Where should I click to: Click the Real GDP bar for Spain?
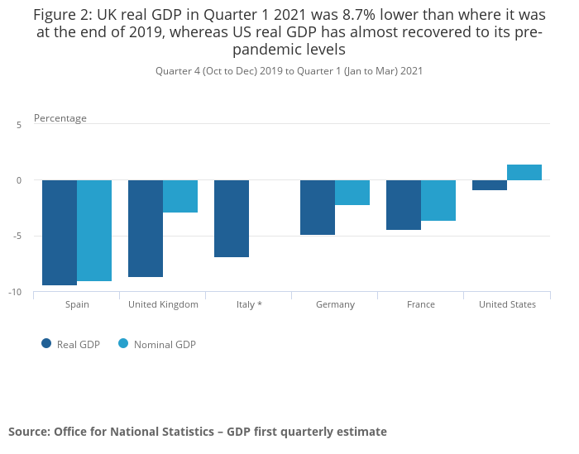point(60,232)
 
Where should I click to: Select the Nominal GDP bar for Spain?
point(94,231)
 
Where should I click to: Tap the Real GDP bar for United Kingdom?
point(146,228)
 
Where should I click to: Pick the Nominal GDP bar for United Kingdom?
point(180,196)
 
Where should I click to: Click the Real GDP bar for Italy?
point(232,218)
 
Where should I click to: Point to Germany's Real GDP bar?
point(318,208)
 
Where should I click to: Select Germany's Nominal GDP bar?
point(352,193)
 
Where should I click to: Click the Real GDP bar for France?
point(404,205)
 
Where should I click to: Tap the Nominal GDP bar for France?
point(438,200)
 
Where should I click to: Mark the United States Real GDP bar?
point(490,185)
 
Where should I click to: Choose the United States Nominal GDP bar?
point(524,172)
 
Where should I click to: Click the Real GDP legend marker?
point(46,344)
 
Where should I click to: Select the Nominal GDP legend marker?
point(123,344)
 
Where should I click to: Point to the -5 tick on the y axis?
point(17,237)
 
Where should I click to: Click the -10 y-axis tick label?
point(16,293)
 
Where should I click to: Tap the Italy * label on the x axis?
point(249,304)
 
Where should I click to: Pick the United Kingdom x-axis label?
point(163,304)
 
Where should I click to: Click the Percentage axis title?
point(60,118)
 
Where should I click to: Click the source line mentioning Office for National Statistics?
point(198,432)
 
